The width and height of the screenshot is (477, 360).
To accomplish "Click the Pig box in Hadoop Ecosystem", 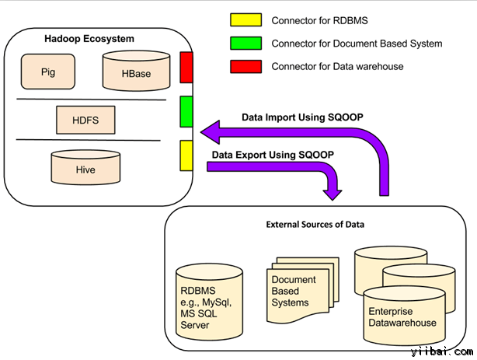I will coord(49,72).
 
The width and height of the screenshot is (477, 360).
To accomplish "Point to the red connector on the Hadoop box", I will coord(186,67).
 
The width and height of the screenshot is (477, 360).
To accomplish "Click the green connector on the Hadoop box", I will coord(186,111).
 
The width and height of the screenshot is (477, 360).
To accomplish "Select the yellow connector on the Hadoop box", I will coord(186,156).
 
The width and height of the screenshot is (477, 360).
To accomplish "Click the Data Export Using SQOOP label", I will coord(272,155).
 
